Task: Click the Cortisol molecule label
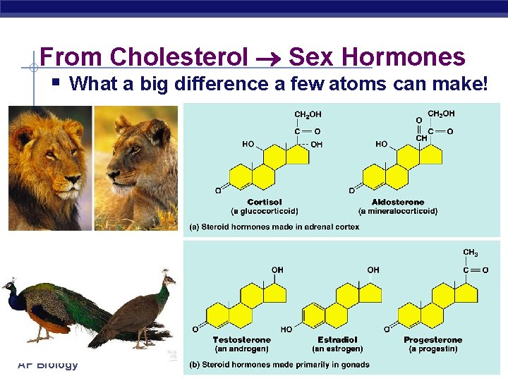point(265,202)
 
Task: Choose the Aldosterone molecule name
point(397,202)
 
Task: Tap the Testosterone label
point(241,340)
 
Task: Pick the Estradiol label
point(337,340)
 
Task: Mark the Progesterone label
point(433,340)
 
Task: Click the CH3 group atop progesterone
point(470,253)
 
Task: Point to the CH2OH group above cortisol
point(308,114)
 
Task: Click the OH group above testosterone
point(277,270)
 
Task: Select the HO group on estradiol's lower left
point(286,329)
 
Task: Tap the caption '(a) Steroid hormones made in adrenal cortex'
point(274,227)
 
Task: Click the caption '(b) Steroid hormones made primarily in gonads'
point(279,365)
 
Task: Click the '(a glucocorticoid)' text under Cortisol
point(265,211)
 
